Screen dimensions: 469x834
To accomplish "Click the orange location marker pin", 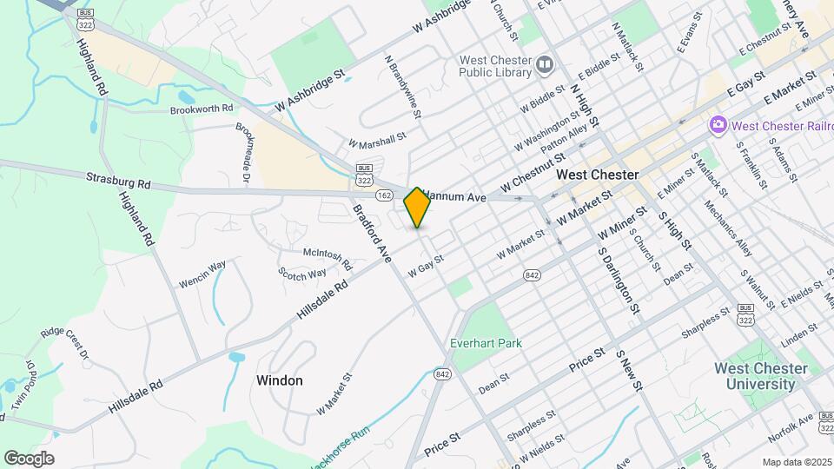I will pos(418,207).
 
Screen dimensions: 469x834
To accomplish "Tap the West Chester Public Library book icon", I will pos(545,64).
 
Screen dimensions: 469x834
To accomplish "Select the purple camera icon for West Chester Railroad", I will pos(718,126).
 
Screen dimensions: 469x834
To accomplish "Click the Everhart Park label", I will pos(486,343).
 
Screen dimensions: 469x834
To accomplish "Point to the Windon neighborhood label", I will pos(280,380).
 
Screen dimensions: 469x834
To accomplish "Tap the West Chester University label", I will pos(760,376).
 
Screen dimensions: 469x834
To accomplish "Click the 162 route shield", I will pos(383,196).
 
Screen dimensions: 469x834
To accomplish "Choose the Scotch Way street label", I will pos(301,273).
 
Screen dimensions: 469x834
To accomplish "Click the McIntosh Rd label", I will pos(327,259).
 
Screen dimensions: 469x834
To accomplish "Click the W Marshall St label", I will pos(377,141).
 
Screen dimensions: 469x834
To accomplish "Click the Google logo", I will pos(29,459).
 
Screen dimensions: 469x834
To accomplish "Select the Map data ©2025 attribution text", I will pos(797,462).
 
